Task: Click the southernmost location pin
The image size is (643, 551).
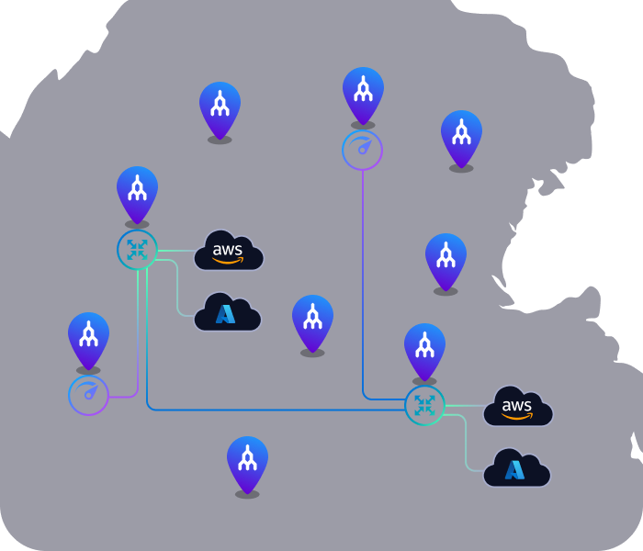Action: [247, 465]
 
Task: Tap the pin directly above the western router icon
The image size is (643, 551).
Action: [137, 195]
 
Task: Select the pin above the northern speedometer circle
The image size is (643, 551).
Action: [363, 96]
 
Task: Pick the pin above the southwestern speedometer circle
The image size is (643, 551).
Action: [88, 341]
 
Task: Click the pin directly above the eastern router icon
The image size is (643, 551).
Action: [424, 352]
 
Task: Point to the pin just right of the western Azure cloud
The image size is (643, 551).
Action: [312, 323]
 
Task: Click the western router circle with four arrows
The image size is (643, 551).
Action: [137, 249]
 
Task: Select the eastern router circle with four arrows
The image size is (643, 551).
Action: [424, 405]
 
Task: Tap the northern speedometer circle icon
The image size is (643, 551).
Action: [363, 150]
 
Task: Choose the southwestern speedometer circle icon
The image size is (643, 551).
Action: [88, 395]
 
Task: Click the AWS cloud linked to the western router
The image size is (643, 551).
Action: [229, 251]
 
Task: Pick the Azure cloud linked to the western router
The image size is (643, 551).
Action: [227, 312]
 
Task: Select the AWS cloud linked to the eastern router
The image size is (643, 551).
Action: [518, 406]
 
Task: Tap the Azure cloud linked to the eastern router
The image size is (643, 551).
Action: [516, 468]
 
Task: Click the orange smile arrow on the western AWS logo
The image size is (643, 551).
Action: [228, 260]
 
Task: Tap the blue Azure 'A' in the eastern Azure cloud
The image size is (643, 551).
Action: [514, 470]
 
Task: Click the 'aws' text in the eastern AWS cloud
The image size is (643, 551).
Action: [516, 406]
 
